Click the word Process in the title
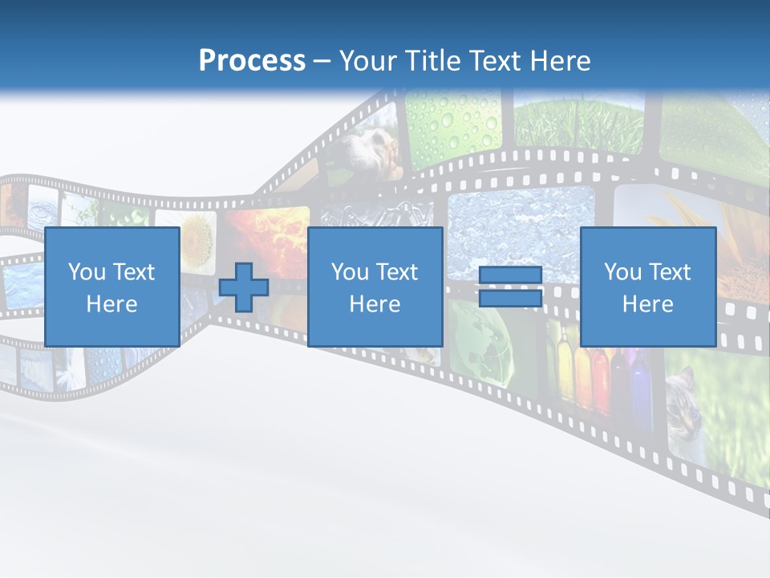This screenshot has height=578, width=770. point(252,61)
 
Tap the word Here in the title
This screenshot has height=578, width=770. point(559,61)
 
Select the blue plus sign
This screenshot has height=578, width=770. point(244,287)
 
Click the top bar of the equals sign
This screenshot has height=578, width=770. point(510,275)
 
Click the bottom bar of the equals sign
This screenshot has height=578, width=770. point(510,299)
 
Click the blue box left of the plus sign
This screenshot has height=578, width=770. point(112,287)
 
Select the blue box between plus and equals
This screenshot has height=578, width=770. point(375,287)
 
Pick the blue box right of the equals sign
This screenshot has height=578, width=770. point(647,287)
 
